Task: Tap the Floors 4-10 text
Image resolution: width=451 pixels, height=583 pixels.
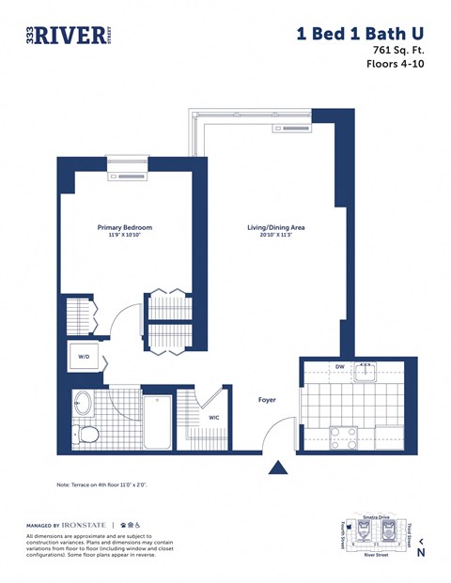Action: (x=395, y=65)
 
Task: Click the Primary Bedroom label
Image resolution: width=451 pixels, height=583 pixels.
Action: (x=125, y=227)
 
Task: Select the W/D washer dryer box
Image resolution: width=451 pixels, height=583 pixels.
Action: (x=84, y=357)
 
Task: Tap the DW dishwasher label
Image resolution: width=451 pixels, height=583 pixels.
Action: (x=338, y=367)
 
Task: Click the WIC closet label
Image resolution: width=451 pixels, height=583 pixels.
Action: (x=213, y=418)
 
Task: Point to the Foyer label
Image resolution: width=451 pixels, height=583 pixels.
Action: (x=268, y=400)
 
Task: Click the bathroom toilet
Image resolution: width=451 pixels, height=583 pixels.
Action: (x=88, y=434)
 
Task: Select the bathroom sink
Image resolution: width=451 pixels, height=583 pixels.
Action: (x=83, y=405)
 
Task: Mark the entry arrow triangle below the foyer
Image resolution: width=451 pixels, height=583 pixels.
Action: (x=279, y=468)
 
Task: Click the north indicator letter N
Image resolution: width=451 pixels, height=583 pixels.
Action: (x=421, y=553)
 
